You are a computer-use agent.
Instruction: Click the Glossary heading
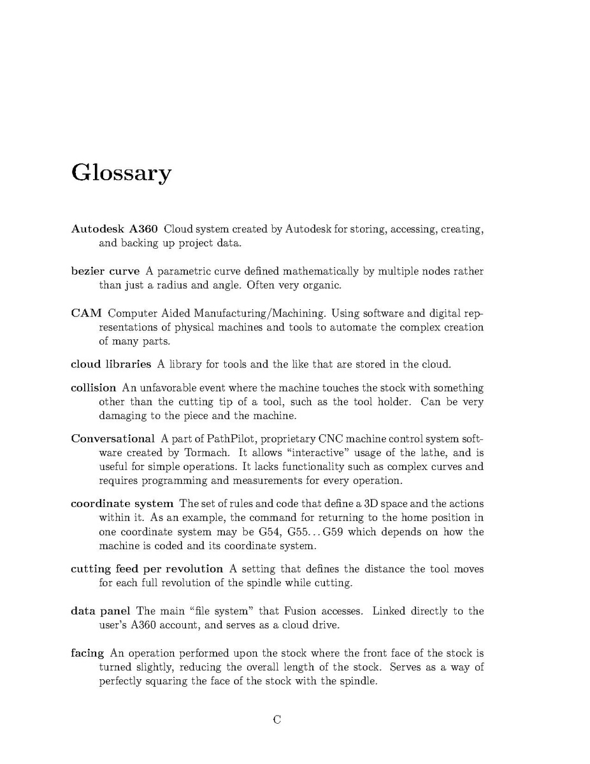121,173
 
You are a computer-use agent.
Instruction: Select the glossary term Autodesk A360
114,229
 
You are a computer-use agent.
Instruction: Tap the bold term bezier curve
105,272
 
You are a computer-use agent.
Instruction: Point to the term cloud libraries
111,365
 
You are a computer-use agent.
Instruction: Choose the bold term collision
93,388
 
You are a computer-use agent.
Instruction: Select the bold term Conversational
113,438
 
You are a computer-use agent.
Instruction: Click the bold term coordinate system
122,504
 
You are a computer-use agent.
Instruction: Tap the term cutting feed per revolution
147,569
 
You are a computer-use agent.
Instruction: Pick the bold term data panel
100,611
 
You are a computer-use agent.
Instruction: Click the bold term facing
87,653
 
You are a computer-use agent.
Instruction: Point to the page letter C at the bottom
277,720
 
